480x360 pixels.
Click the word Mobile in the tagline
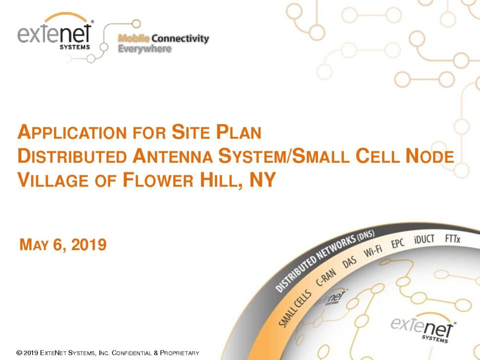[134, 38]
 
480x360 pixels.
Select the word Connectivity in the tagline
[180, 39]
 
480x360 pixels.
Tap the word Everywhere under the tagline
[145, 48]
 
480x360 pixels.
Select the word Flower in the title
[158, 180]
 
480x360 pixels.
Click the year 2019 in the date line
[89, 245]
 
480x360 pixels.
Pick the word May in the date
[34, 245]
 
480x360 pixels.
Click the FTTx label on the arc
[453, 238]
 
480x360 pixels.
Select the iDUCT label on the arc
[424, 239]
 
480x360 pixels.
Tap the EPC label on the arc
[398, 243]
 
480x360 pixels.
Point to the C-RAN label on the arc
[326, 277]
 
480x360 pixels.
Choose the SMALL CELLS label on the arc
[295, 309]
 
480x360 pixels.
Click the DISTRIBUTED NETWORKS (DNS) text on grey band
[325, 261]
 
